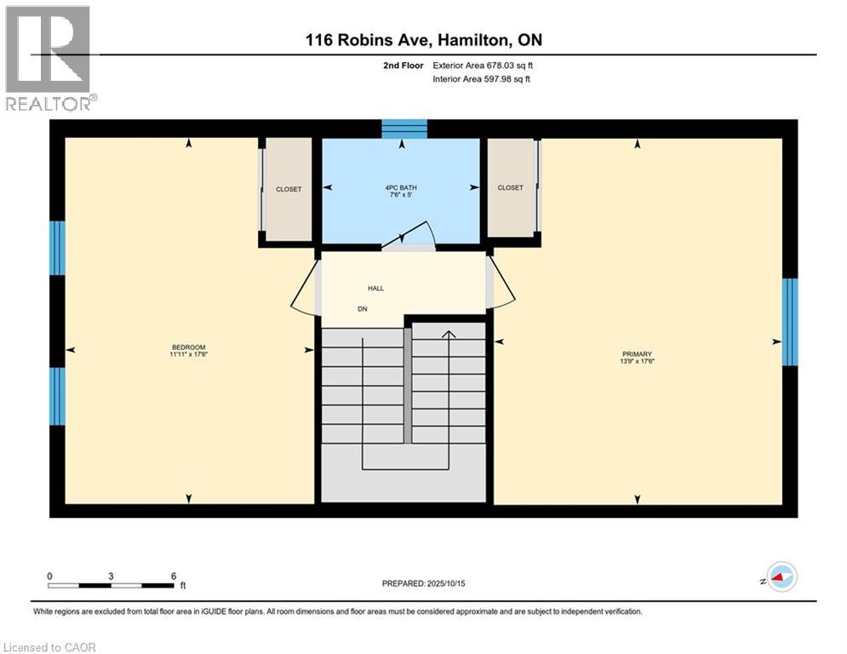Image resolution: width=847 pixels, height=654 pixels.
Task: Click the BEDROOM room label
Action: tap(190, 347)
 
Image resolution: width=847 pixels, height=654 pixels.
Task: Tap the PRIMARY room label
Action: tap(637, 354)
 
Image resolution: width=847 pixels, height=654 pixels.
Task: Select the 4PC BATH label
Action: tap(400, 187)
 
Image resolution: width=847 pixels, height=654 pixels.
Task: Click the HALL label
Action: tap(376, 288)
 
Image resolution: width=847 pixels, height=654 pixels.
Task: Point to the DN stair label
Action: tap(362, 309)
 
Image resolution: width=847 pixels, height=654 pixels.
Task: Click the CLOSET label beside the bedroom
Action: tap(289, 189)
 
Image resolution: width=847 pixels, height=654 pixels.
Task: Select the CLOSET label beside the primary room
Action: tap(511, 187)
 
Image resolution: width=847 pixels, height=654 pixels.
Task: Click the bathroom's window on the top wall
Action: tap(403, 129)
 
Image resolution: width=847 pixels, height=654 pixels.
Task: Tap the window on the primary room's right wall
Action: tap(790, 322)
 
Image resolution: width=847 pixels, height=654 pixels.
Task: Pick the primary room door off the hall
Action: tap(501, 283)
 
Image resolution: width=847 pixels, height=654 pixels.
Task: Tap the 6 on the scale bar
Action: tap(174, 577)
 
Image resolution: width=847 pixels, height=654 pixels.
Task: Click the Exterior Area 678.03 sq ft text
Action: tap(483, 65)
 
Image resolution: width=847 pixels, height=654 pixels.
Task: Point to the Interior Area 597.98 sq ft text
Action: tap(482, 79)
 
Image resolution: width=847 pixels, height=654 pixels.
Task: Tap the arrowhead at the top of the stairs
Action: tap(449, 334)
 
